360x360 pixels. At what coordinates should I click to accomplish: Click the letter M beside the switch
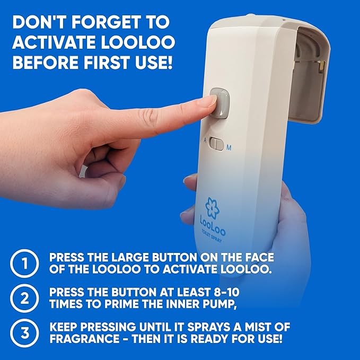coord(229,148)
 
